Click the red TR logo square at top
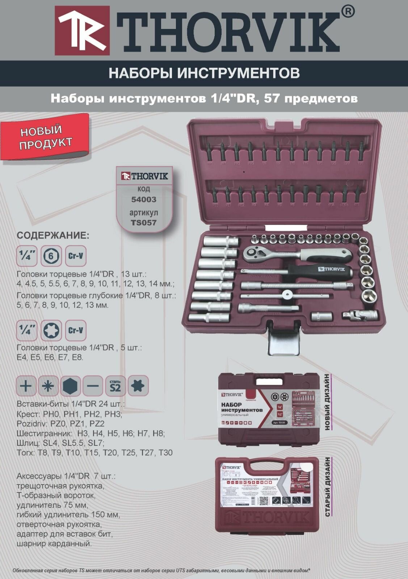pyautogui.click(x=82, y=30)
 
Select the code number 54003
pyautogui.click(x=144, y=199)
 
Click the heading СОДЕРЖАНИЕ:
pyautogui.click(x=53, y=236)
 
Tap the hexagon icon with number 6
pyautogui.click(x=51, y=257)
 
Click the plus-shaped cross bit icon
pyautogui.click(x=26, y=386)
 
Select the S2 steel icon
pyautogui.click(x=115, y=386)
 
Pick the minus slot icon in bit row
pyautogui.click(x=93, y=386)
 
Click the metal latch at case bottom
pyautogui.click(x=284, y=341)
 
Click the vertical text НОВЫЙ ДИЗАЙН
pyautogui.click(x=328, y=402)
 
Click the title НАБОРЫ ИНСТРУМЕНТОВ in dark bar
pyautogui.click(x=204, y=73)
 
